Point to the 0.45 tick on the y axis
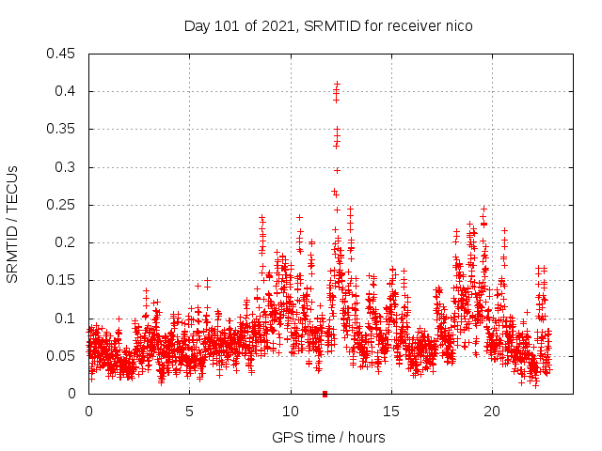click(x=62, y=54)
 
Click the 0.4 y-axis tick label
click(x=66, y=91)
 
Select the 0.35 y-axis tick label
click(x=62, y=129)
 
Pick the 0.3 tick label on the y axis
click(x=66, y=167)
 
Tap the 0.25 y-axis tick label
click(x=62, y=205)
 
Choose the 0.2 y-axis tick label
click(x=66, y=242)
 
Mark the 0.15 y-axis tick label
click(x=62, y=280)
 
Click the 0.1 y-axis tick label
click(x=66, y=318)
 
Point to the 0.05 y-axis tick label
click(x=62, y=356)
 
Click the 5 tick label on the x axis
click(x=189, y=412)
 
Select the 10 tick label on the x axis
click(x=291, y=412)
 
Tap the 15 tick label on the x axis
click(x=391, y=412)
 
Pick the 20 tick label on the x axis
click(x=492, y=412)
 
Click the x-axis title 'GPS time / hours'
click(x=328, y=437)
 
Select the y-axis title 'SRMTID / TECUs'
click(x=13, y=224)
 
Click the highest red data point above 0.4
click(x=337, y=84)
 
